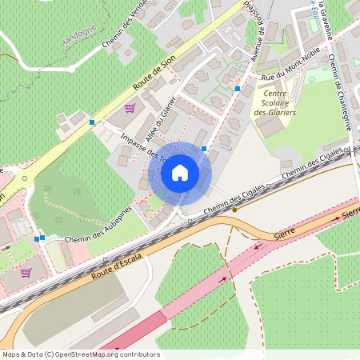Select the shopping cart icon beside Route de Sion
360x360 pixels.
click(x=130, y=107)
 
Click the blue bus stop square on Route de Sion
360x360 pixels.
click(x=93, y=122)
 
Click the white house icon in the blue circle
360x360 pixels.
click(x=180, y=172)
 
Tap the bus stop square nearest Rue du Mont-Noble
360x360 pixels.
click(x=238, y=88)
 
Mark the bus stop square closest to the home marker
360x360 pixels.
click(x=205, y=149)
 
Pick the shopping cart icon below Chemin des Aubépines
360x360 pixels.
click(x=26, y=272)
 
